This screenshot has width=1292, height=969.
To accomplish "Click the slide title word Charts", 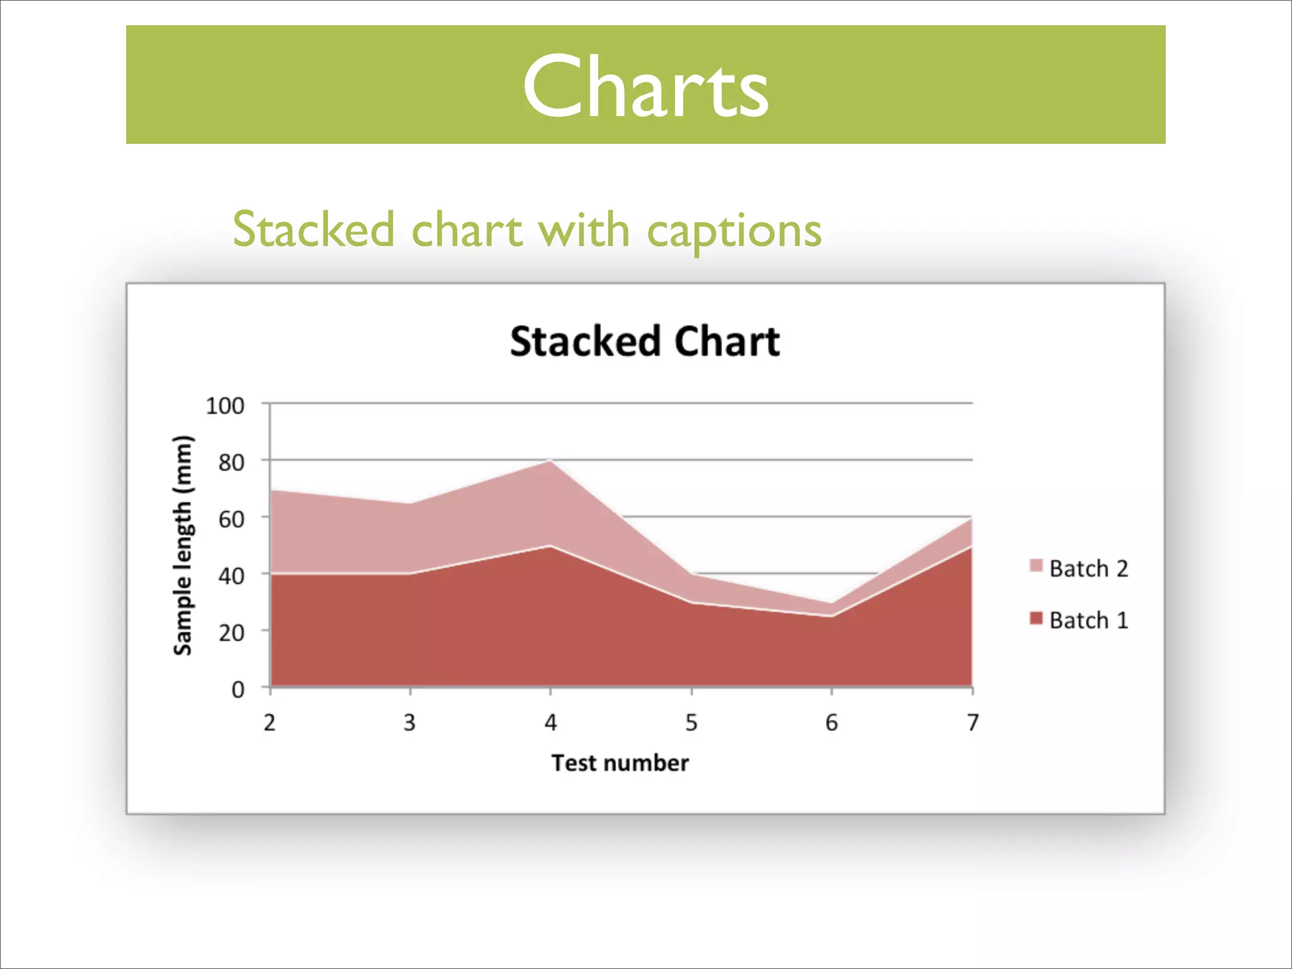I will [645, 86].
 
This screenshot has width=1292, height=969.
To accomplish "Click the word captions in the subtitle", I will [734, 231].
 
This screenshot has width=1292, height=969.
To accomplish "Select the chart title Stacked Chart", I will [645, 341].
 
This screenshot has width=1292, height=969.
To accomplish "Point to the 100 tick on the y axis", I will [225, 406].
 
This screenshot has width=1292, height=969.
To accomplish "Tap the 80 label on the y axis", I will [232, 462].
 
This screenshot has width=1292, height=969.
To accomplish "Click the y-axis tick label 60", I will [232, 519].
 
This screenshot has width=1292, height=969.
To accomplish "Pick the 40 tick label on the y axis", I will [232, 576].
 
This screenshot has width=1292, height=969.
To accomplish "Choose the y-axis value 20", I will [232, 633].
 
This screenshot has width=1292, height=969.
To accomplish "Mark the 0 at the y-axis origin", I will [238, 690].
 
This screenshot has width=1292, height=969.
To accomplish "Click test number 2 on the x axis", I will [270, 722].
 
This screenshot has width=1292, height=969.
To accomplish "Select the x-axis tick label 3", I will [410, 722].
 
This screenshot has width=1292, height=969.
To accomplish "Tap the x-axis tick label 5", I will [691, 722].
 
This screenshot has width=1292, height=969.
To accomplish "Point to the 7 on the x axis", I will [973, 722].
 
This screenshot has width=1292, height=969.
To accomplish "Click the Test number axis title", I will [620, 763].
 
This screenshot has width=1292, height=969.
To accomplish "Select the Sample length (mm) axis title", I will [182, 545].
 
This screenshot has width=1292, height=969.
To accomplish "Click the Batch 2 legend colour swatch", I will [1036, 565].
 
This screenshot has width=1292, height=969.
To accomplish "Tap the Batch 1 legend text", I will [1088, 621].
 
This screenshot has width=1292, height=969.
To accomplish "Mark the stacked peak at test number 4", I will [551, 461].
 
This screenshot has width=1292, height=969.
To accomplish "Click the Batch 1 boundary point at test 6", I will [832, 616].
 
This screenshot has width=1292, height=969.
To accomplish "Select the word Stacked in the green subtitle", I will [314, 230].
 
